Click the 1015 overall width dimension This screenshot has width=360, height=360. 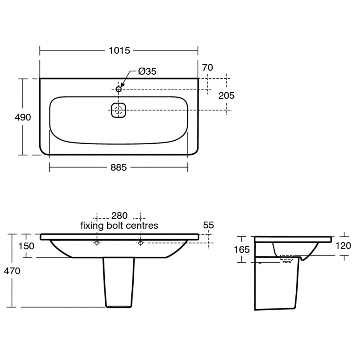click(120, 50)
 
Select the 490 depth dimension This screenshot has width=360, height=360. click(23, 117)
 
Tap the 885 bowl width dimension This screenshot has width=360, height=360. click(118, 168)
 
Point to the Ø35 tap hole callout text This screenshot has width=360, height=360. click(147, 71)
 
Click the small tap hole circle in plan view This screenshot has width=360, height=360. click(118, 89)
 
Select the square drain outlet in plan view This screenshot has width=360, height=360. click(118, 110)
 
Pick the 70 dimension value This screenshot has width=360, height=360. click(207, 68)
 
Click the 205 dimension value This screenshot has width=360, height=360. click(226, 95)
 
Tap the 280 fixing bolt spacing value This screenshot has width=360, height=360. click(120, 216)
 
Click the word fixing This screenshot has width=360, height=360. click(92, 226)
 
